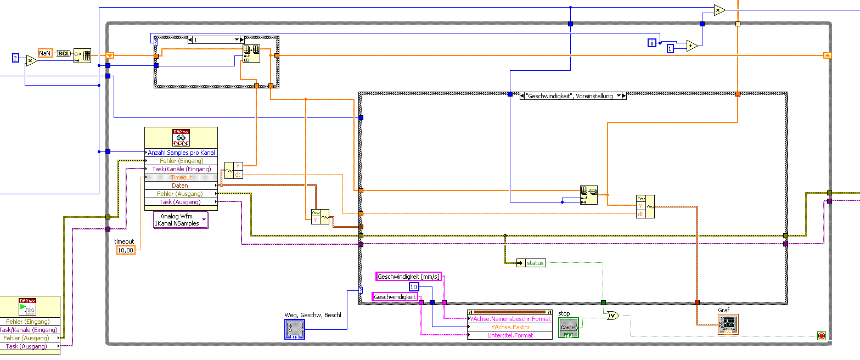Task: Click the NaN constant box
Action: [x=45, y=53]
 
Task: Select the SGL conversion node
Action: [x=64, y=53]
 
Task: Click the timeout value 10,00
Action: [x=126, y=250]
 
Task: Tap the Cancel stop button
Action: [x=568, y=328]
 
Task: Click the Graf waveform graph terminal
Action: [x=728, y=324]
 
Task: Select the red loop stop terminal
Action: [x=821, y=335]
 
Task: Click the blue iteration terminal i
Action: [x=651, y=42]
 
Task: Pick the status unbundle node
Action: [x=531, y=263]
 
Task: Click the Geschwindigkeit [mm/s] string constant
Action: [x=409, y=277]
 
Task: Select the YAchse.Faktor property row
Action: [x=510, y=327]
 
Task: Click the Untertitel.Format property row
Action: [x=510, y=335]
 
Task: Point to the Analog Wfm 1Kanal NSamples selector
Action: [x=181, y=220]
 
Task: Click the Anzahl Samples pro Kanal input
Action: [x=181, y=153]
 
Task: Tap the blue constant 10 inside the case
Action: [x=414, y=287]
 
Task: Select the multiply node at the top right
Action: [x=718, y=10]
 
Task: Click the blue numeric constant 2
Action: [x=16, y=58]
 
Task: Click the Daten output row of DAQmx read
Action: [x=181, y=185]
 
